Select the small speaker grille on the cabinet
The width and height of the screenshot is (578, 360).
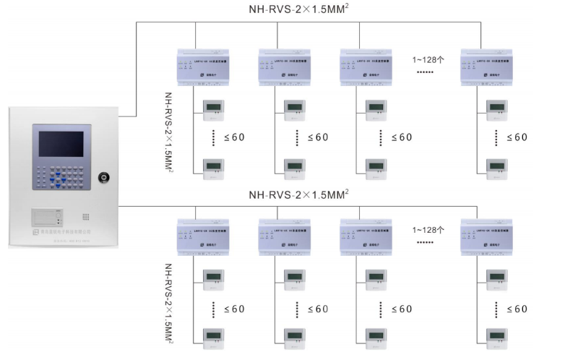(85, 216)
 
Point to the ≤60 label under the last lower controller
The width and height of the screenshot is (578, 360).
(516, 309)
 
